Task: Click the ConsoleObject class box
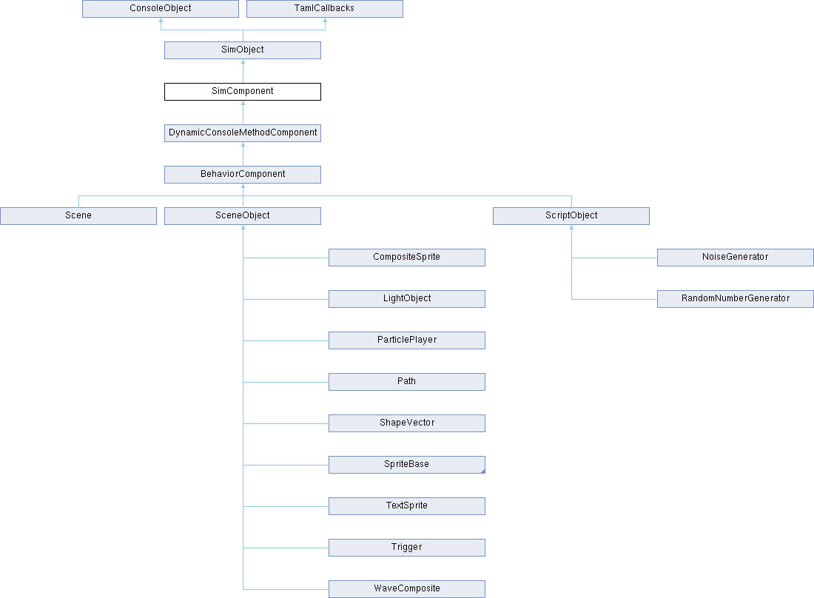click(x=161, y=9)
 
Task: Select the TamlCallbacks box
click(x=324, y=9)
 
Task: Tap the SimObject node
click(x=243, y=50)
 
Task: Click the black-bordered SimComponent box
click(x=243, y=92)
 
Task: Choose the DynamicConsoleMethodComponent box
click(x=243, y=133)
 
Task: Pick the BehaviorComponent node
click(x=243, y=175)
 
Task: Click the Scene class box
click(x=78, y=216)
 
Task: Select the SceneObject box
click(x=243, y=216)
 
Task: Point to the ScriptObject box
click(x=571, y=216)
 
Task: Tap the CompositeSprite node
click(x=407, y=258)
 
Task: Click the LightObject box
click(x=407, y=299)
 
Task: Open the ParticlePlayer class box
click(x=407, y=340)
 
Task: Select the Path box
click(x=407, y=382)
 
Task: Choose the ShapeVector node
click(x=407, y=423)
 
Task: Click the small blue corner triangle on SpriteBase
click(x=482, y=471)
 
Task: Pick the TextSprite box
click(x=407, y=507)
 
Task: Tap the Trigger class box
click(x=407, y=548)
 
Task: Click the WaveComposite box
click(x=407, y=589)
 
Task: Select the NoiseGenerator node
click(x=735, y=258)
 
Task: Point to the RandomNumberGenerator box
click(x=735, y=299)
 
